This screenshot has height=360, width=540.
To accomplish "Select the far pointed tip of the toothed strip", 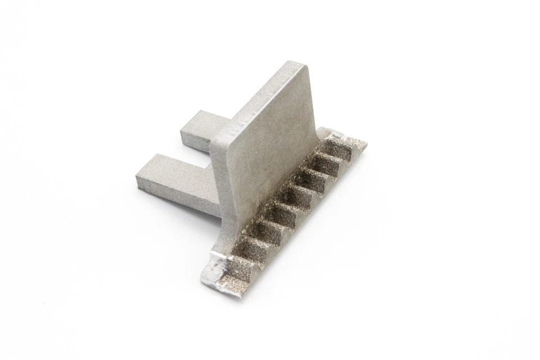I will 366,143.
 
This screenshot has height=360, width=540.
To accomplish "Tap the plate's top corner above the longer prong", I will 217,135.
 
